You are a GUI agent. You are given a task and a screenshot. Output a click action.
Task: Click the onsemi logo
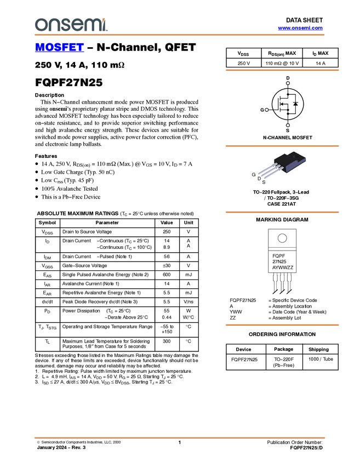point(71,25)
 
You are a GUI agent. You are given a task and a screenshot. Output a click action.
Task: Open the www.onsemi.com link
point(300,28)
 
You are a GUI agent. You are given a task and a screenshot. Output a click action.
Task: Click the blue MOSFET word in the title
point(59,47)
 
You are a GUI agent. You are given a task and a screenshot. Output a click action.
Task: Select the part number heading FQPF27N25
point(69,82)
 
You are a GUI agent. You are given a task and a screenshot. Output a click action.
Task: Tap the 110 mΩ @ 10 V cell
point(282,63)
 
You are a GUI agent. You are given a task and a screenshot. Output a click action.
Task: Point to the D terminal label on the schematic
point(288,78)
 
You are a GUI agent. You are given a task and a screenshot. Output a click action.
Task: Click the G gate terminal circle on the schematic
point(267,110)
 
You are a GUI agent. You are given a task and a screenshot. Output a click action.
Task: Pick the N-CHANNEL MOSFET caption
point(288,138)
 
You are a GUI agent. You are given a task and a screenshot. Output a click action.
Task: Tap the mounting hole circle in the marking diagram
point(282,238)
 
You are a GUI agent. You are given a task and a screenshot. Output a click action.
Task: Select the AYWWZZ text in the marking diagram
point(283,268)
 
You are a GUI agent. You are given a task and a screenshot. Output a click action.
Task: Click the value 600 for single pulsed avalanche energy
point(167,275)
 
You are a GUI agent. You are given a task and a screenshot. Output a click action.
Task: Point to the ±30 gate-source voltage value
point(167,266)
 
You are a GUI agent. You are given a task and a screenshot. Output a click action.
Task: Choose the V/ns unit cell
point(188,302)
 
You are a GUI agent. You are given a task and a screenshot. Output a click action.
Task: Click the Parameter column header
point(107,223)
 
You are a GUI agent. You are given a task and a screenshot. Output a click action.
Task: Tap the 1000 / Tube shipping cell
point(321,359)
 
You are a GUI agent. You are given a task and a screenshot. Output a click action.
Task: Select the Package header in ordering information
point(283,349)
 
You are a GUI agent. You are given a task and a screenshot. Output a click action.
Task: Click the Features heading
point(46,156)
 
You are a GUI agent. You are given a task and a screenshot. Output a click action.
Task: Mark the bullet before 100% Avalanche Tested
point(37,189)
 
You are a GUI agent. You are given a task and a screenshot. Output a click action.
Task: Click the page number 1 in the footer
point(179,442)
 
